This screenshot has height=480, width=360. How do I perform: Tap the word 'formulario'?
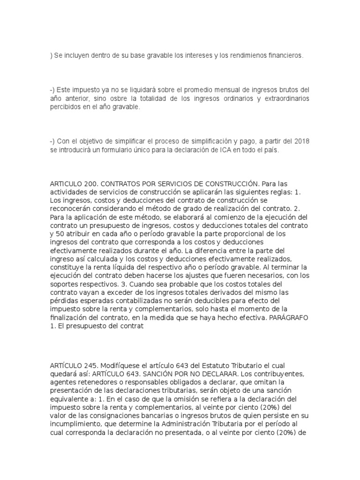(123, 150)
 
